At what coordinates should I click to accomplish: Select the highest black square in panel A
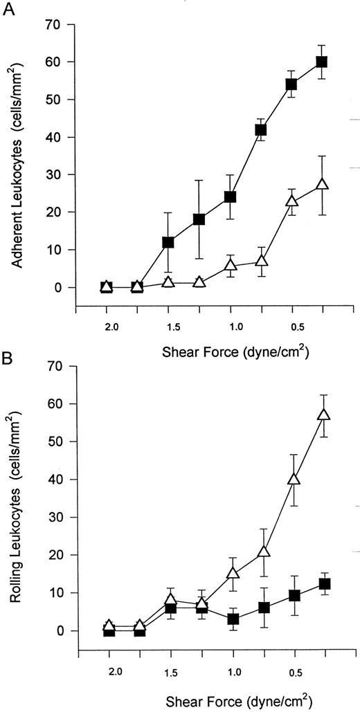tap(321, 62)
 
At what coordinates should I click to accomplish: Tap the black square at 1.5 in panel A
tap(168, 242)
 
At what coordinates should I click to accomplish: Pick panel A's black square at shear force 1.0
tap(230, 197)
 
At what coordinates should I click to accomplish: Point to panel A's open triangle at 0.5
tap(291, 201)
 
